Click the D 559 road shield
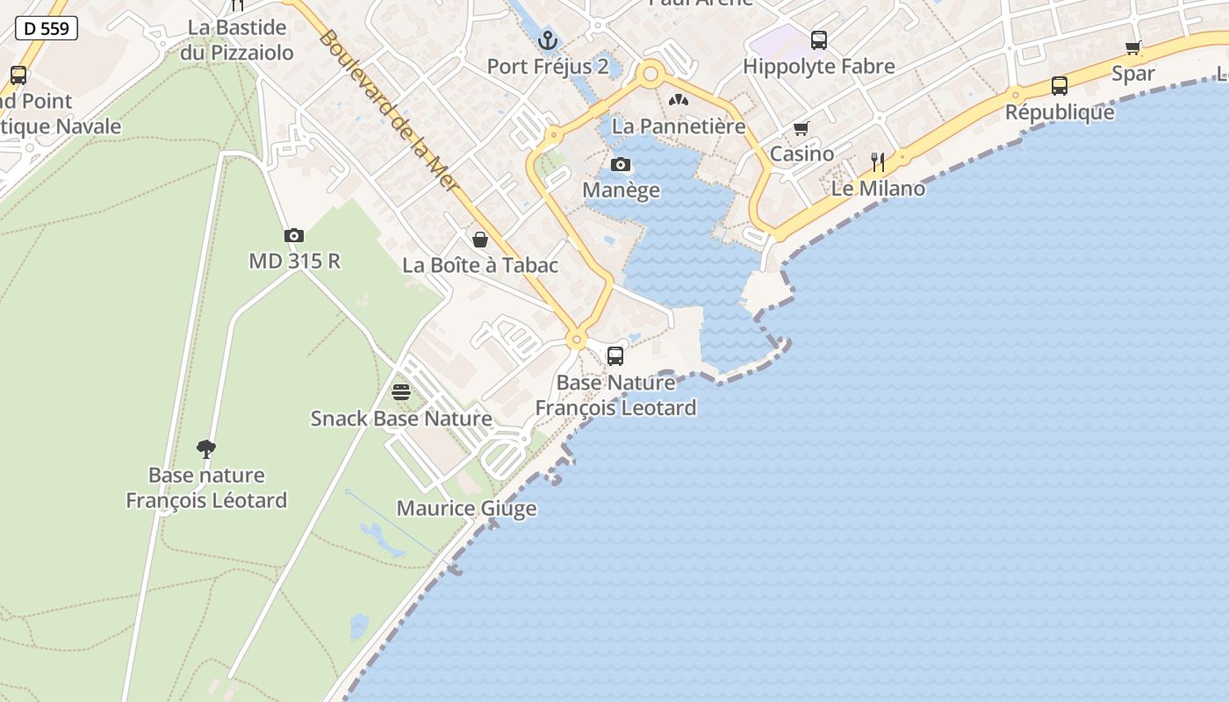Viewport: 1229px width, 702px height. tap(47, 28)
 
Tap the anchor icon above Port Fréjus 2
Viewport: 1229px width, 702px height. tap(548, 40)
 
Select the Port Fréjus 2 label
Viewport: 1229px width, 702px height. tap(548, 67)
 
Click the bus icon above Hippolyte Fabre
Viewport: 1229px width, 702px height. tap(819, 39)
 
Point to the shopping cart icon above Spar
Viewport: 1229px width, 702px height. tap(1133, 47)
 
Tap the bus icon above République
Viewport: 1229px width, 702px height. tap(1060, 86)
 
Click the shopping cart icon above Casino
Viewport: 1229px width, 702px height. tap(801, 129)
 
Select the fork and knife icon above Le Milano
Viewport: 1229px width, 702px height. tap(878, 162)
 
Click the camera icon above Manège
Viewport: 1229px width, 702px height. tap(621, 164)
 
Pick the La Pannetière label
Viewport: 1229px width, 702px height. tap(679, 125)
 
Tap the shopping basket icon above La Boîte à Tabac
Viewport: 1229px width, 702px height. tap(480, 240)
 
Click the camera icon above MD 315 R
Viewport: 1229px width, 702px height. tap(294, 235)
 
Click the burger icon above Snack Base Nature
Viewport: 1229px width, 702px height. tap(401, 391)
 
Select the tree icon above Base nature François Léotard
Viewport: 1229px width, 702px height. tap(206, 449)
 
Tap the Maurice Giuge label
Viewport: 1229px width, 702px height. tap(466, 508)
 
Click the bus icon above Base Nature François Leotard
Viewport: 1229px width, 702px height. tap(615, 356)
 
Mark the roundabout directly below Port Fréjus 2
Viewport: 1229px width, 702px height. tap(650, 75)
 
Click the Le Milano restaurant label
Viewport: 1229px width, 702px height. tap(878, 189)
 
